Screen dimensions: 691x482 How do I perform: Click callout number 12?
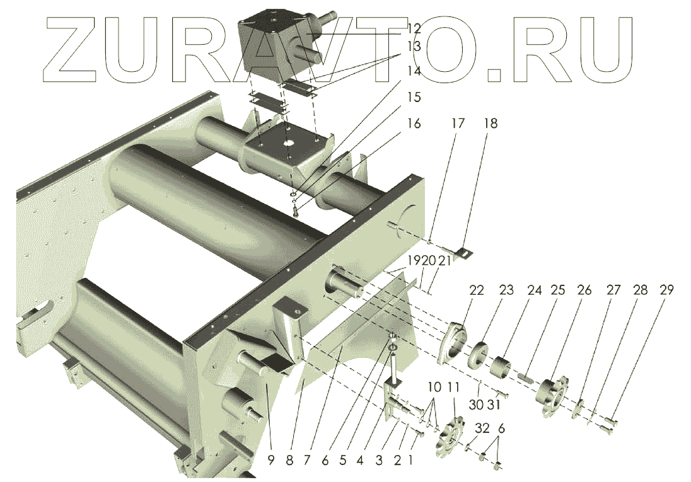pyautogui.click(x=414, y=28)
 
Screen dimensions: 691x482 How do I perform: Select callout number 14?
pyautogui.click(x=414, y=71)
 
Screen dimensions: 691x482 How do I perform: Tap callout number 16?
pyautogui.click(x=414, y=123)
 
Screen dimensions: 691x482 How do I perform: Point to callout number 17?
pyautogui.click(x=457, y=123)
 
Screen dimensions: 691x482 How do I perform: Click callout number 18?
pyautogui.click(x=490, y=123)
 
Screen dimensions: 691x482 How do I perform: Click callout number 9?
pyautogui.click(x=270, y=460)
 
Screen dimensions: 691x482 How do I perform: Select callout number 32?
pyautogui.click(x=482, y=428)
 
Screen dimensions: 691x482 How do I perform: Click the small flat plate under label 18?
pyautogui.click(x=465, y=253)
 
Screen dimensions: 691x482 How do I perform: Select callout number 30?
pyautogui.click(x=477, y=404)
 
